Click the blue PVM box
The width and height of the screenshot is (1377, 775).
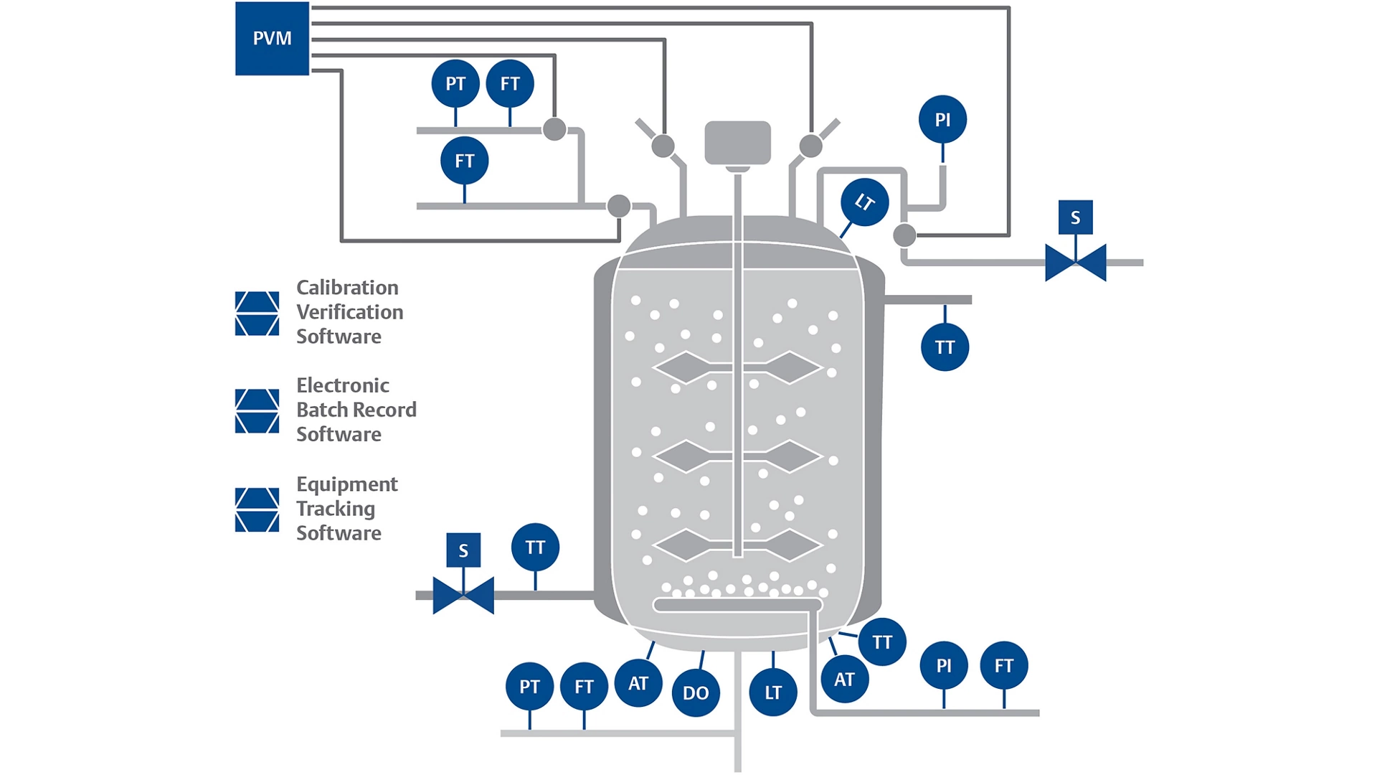coord(272,38)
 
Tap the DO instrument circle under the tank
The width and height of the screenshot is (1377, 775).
coord(696,692)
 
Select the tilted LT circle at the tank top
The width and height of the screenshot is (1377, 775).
coord(864,202)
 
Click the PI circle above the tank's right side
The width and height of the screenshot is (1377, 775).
coord(942,119)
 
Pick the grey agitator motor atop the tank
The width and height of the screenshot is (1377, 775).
coord(737,143)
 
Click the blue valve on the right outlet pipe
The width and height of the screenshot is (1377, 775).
coord(1075,263)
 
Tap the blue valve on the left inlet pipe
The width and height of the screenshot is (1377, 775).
coord(463,596)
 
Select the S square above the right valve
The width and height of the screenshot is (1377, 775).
coord(1075,217)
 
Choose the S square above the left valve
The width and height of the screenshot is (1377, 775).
coord(463,550)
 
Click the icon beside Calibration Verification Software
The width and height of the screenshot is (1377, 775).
coord(257,314)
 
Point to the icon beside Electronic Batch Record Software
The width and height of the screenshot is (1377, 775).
coord(257,411)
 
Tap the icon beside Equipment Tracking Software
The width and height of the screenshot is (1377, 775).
coord(257,509)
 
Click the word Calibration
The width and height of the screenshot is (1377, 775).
coord(347,288)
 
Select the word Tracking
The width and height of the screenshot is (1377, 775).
coord(336,509)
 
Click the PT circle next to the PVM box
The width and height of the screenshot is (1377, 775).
coord(455,84)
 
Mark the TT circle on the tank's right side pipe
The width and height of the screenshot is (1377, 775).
coord(945,347)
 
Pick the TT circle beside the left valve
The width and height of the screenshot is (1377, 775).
coord(535,548)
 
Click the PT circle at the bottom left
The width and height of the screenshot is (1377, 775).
coord(529,687)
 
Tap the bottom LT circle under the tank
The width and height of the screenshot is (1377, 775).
coord(772,692)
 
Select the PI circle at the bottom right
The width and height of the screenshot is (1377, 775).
coord(944,666)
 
